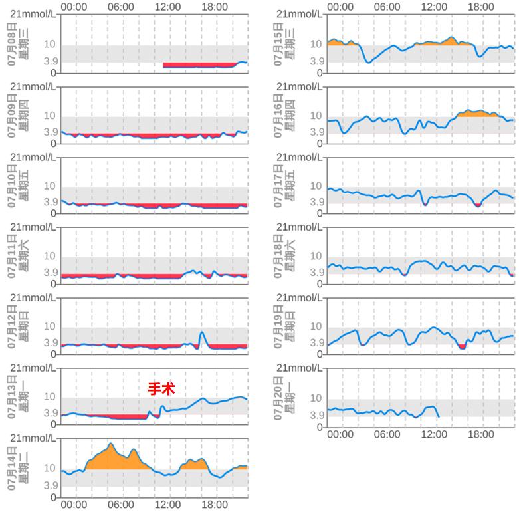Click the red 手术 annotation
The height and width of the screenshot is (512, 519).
point(161,389)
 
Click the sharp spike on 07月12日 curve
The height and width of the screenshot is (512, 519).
point(203,332)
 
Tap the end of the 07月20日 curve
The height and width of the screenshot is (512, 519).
point(439,417)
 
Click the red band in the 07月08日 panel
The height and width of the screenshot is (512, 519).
point(199,65)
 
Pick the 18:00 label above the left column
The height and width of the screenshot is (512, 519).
point(215,7)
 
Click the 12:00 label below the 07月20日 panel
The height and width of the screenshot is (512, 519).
point(434,434)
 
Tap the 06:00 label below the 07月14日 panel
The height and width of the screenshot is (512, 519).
point(120,505)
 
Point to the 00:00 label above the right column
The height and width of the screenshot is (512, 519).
point(340,7)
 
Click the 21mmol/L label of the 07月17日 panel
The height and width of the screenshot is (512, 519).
point(299,157)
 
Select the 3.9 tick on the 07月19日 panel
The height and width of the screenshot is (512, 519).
point(316,343)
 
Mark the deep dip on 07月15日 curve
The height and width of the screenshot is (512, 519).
point(368,62)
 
